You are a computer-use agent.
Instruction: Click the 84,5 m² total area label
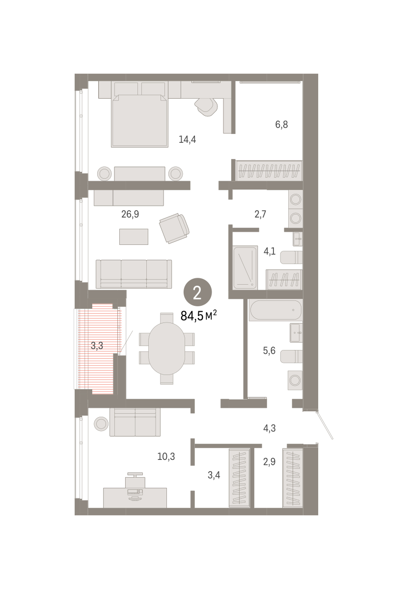[x=199, y=315]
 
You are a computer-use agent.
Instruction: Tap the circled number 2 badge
[x=197, y=292]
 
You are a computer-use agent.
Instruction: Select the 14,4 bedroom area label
[x=187, y=139]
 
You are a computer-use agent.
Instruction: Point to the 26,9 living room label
[x=130, y=214]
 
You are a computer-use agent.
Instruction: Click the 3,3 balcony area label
[x=97, y=346]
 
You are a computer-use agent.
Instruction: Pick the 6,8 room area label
[x=281, y=124]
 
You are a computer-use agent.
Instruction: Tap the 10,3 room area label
[x=166, y=456]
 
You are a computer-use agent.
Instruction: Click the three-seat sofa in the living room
[x=134, y=274]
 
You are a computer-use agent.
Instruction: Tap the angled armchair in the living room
[x=174, y=228]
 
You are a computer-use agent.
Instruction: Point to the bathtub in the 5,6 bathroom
[x=275, y=310]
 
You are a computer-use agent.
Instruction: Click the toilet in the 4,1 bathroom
[x=291, y=257]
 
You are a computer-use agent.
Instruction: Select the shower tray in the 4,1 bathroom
[x=245, y=268]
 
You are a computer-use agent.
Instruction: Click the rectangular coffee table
[x=134, y=237]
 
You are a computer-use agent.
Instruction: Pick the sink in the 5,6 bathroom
[x=296, y=333]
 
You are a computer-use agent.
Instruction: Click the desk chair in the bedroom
[x=207, y=107]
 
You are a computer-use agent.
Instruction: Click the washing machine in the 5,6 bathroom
[x=295, y=380]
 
